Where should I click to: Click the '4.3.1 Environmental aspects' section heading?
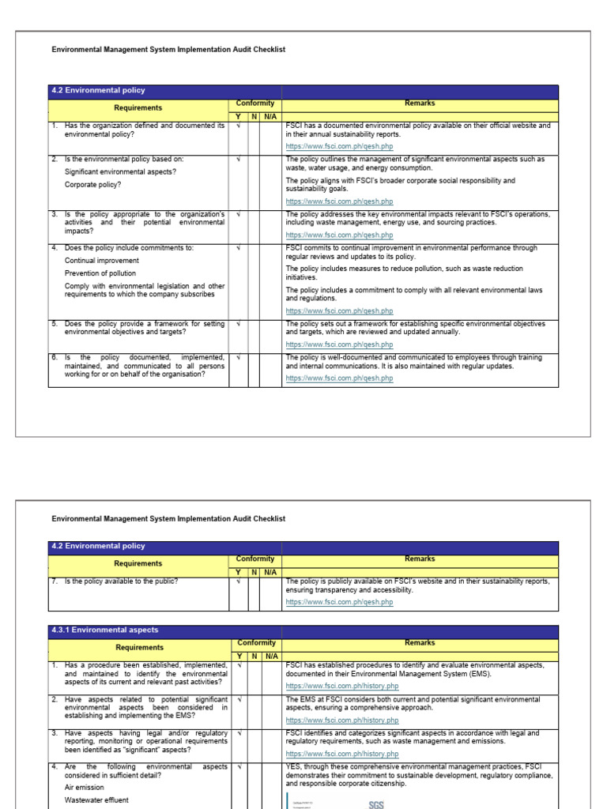[104, 630]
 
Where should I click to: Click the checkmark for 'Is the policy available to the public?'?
[238, 582]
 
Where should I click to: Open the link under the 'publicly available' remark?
[339, 602]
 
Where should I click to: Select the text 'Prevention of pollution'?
[102, 273]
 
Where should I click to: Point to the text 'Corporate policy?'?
[93, 185]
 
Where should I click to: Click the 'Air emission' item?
[84, 788]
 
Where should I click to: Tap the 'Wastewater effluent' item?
[97, 800]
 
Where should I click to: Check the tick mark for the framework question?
[238, 324]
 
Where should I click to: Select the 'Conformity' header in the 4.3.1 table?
[255, 643]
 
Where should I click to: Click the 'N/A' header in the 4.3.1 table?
[270, 657]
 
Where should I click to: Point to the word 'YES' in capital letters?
[294, 767]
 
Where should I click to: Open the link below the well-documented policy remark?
[339, 378]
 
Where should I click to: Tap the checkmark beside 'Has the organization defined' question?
[238, 126]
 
